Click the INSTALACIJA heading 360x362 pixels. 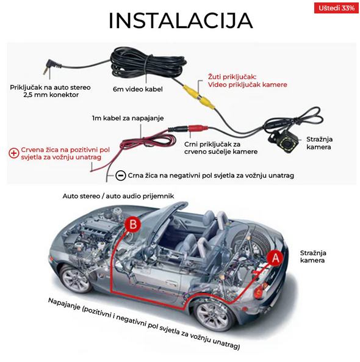tap(181, 21)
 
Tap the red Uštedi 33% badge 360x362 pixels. tap(336, 8)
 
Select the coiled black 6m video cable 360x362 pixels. tap(148, 63)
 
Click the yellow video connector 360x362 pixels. tap(199, 96)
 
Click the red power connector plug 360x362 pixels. tap(198, 128)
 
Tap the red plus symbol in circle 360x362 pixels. tap(13, 153)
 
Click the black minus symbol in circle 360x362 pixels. tap(120, 176)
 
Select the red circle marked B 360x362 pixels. tap(132, 225)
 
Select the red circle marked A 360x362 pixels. tap(275, 258)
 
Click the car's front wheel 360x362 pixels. tap(76, 280)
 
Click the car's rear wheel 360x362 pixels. tap(213, 316)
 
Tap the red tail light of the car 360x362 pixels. tap(259, 292)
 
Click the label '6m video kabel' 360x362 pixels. tap(138, 89)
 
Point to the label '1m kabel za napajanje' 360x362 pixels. tap(128, 118)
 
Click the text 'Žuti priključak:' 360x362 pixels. tap(232, 77)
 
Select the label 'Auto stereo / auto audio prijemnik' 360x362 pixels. tap(118, 196)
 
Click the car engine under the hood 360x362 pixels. tap(92, 233)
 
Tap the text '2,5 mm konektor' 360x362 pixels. tap(51, 95)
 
